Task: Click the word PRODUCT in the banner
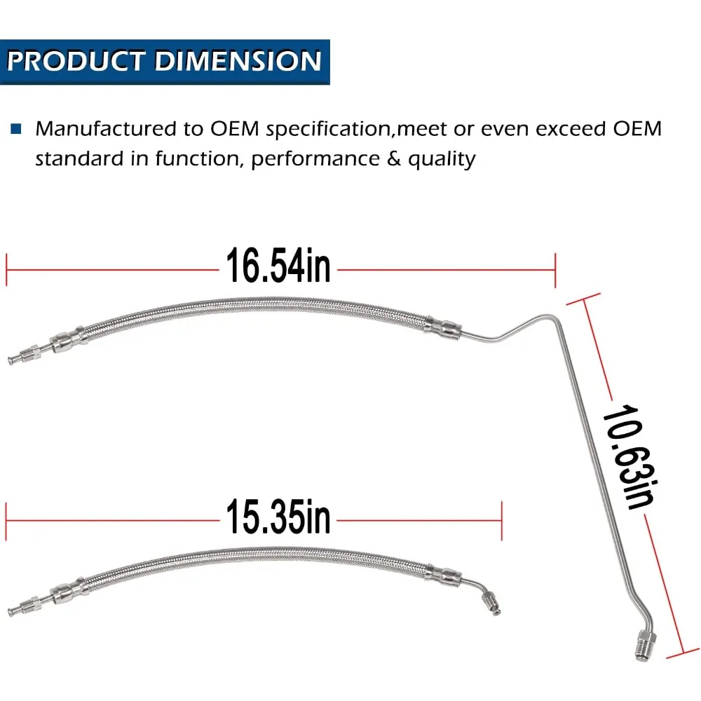coord(76,61)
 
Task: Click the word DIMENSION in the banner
coord(238,61)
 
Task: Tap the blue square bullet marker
coord(16,129)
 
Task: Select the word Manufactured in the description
coord(106,129)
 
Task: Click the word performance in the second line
coord(315,160)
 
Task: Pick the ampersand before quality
coord(393,158)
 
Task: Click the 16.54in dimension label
coord(278,266)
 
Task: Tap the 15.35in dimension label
coord(278,517)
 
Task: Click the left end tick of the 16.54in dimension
coord(6,270)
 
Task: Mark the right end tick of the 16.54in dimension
coord(555,270)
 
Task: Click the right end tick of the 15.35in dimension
coord(502,520)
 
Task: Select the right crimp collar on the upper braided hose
coord(442,327)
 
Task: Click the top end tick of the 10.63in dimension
coord(583,299)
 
